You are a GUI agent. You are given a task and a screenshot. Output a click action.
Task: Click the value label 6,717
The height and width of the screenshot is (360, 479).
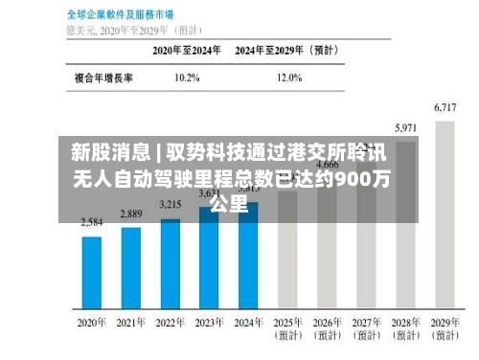(x=445, y=108)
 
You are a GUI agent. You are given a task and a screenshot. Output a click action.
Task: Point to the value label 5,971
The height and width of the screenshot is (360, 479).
(x=406, y=127)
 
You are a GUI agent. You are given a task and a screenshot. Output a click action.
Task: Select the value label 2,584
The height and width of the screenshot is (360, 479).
(x=92, y=221)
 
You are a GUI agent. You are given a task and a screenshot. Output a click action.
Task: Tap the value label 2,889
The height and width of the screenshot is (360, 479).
(x=131, y=213)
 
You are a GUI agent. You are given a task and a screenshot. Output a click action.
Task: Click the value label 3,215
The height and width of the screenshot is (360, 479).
(x=171, y=204)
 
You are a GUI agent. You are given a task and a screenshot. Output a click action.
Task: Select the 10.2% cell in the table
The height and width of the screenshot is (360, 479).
(x=188, y=77)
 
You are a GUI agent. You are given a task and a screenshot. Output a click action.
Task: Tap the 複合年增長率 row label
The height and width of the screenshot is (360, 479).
(x=103, y=77)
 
